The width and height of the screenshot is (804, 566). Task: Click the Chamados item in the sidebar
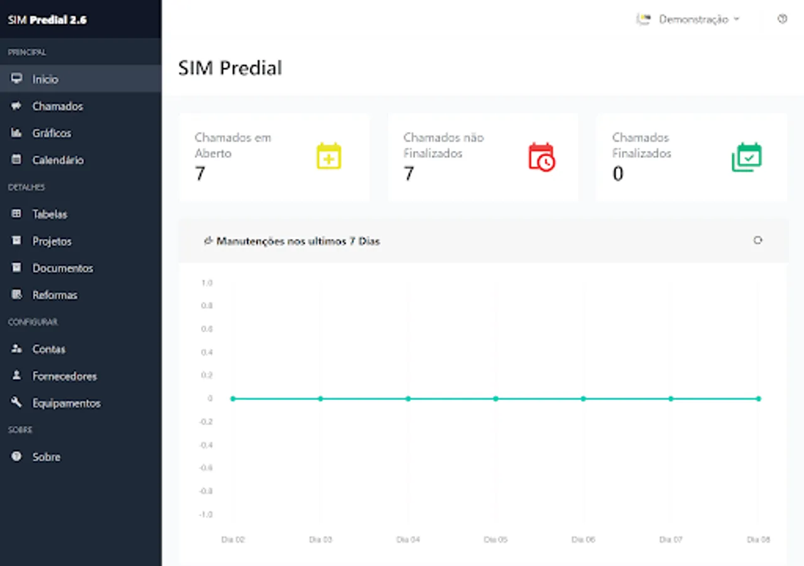click(x=57, y=106)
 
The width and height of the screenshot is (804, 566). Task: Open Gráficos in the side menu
click(x=52, y=133)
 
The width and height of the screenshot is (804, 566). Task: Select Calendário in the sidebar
click(x=58, y=160)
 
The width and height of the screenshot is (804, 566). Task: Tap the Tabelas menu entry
click(x=50, y=214)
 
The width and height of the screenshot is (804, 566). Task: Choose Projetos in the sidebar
click(x=52, y=241)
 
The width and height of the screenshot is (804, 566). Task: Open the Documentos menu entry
click(x=62, y=269)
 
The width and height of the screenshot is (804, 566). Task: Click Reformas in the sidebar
click(x=55, y=295)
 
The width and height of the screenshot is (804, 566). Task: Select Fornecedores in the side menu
click(x=64, y=376)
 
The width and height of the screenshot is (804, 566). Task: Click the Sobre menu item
click(x=46, y=457)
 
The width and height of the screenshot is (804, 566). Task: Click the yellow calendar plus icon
click(x=329, y=157)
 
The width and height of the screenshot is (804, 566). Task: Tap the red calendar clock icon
click(x=541, y=157)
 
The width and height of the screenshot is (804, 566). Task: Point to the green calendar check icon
click(x=747, y=157)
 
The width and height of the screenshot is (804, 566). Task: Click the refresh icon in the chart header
click(x=758, y=240)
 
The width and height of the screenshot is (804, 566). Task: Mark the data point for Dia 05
click(x=496, y=399)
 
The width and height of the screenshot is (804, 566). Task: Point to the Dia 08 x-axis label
click(x=758, y=540)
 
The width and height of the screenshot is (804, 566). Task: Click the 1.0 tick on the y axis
click(x=207, y=283)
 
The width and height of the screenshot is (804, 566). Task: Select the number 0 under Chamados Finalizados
click(x=618, y=174)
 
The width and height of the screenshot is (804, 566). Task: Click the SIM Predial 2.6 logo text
click(x=47, y=19)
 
